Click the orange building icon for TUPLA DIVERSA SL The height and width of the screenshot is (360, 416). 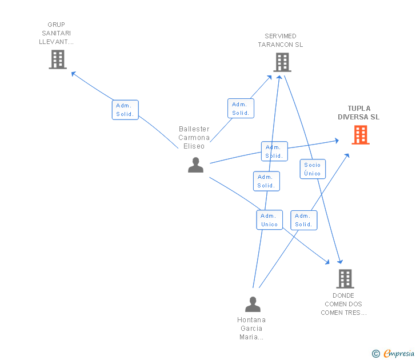[x=361, y=135]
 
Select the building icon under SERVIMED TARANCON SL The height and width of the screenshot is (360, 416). [x=282, y=62]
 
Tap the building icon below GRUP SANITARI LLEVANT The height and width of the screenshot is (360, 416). [x=58, y=59]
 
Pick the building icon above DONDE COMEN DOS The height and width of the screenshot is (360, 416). [x=345, y=279]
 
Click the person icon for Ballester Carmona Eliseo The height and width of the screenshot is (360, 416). [x=196, y=165]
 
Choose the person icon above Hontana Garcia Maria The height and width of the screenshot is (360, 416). [x=253, y=305]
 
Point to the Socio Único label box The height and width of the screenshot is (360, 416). [x=313, y=169]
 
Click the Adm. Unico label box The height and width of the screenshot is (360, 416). [x=269, y=220]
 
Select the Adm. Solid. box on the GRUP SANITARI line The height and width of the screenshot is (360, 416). [x=125, y=110]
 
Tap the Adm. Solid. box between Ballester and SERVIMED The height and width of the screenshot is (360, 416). [x=241, y=109]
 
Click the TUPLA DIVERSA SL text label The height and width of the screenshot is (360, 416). [x=359, y=113]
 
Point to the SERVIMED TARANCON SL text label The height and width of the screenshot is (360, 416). [x=281, y=41]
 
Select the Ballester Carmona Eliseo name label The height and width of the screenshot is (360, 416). [x=194, y=137]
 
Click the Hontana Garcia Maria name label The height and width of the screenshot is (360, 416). [x=251, y=329]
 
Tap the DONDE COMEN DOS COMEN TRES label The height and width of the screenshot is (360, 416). [x=343, y=304]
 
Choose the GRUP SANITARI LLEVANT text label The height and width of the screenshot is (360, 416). [x=56, y=33]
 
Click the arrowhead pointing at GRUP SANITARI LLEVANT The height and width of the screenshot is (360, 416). [x=74, y=74]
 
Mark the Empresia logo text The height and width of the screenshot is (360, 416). [x=399, y=353]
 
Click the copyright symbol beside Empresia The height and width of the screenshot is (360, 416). [x=376, y=354]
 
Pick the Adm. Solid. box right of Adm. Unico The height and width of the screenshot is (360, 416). [x=304, y=220]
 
